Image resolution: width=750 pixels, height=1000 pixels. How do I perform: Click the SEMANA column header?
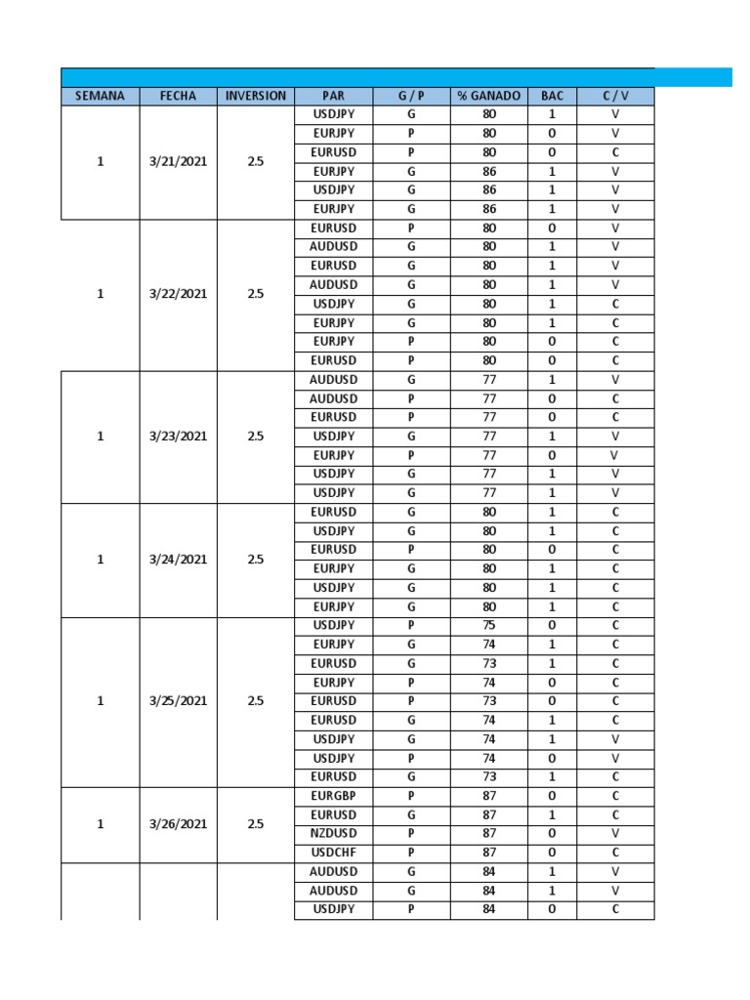pos(100,96)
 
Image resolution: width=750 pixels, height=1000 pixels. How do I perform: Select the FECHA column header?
pos(178,96)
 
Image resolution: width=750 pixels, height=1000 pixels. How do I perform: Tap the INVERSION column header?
pos(255,96)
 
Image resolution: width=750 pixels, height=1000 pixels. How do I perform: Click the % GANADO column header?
pos(488,96)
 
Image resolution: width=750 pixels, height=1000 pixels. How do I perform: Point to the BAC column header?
pos(552,96)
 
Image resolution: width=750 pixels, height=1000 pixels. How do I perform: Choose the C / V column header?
pos(615,96)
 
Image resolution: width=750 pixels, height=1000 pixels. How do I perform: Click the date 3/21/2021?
pos(178,162)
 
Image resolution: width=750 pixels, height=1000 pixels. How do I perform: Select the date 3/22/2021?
pos(178,294)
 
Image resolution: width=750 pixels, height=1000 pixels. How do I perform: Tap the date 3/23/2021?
pos(178,437)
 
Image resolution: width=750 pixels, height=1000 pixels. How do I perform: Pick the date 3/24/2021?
pos(178,560)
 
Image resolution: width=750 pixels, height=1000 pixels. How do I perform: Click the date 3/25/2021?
pos(178,701)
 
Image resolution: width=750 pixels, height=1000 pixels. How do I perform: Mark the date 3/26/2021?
pos(178,824)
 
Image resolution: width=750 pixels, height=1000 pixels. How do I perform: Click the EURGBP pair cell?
pos(333,796)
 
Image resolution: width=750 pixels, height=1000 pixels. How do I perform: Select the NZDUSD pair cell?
pos(333,833)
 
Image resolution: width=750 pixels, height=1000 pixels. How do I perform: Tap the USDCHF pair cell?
pos(333,853)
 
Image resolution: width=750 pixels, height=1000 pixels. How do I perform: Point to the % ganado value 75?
pos(488,625)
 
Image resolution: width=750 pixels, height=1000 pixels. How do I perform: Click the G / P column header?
pos(411,96)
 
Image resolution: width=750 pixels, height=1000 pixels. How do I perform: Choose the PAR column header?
pos(333,96)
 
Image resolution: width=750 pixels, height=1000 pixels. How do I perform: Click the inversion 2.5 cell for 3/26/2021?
pos(255,824)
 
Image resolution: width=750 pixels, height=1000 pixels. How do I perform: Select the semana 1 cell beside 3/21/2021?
pos(100,162)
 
